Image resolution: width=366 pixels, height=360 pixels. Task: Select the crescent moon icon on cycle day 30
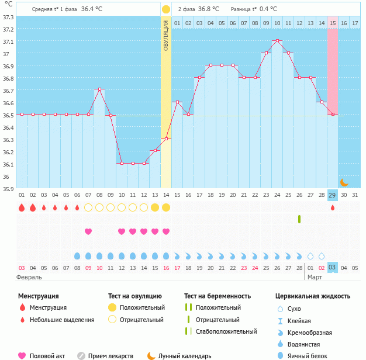[344, 182]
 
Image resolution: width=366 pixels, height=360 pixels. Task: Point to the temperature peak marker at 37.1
[277, 41]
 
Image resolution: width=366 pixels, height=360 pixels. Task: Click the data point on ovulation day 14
[166, 139]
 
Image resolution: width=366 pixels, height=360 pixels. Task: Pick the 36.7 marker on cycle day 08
[99, 89]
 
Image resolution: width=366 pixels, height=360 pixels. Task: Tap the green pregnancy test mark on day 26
[299, 219]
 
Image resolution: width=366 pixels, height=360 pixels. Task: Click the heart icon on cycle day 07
[88, 231]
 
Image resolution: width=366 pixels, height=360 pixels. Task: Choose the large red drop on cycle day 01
[22, 207]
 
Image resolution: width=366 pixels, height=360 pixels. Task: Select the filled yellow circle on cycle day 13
[155, 207]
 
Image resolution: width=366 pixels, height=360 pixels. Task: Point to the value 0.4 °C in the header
[268, 9]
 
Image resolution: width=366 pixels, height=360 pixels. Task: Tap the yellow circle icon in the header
[166, 9]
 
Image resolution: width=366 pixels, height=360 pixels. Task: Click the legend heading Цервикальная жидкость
[313, 296]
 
